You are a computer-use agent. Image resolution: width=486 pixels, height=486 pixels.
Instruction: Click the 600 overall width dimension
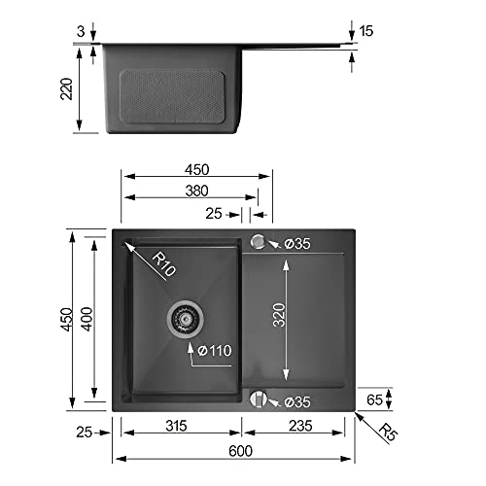coord(240,451)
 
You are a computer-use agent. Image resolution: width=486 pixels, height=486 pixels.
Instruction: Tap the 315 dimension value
coord(176,426)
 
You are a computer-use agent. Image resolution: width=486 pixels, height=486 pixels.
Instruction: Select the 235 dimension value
coord(300,426)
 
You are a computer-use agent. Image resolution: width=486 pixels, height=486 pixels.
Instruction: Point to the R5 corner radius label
coord(388,432)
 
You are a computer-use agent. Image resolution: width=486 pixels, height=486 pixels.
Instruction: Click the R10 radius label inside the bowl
coord(164,263)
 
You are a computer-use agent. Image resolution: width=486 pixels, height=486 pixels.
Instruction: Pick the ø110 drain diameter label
coord(215,351)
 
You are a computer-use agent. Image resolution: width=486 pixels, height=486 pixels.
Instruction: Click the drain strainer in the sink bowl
coord(186,319)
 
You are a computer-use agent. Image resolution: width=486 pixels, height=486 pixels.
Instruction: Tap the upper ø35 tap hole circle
coord(258,242)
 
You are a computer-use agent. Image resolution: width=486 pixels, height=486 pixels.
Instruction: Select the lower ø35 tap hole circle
coord(259,399)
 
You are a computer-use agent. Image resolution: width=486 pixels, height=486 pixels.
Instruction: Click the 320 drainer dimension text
coord(279,315)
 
